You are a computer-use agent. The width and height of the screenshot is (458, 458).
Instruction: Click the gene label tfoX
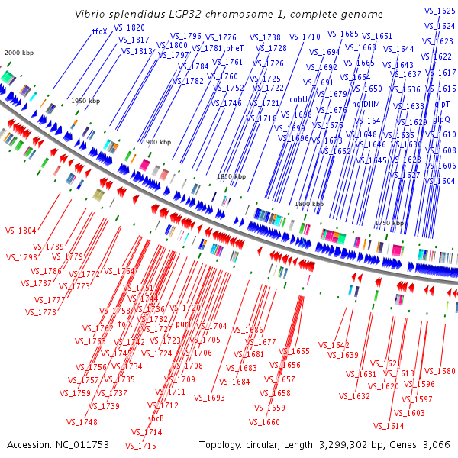pos(99,31)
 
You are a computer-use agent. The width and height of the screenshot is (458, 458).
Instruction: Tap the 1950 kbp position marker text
pos(85,101)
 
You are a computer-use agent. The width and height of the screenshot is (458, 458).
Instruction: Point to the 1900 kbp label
pos(157,143)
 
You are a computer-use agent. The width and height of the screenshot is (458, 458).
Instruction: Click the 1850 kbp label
pos(231,176)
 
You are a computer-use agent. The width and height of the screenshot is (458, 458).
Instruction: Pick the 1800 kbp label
pos(309,204)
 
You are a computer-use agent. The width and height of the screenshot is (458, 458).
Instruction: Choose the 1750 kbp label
pos(389,223)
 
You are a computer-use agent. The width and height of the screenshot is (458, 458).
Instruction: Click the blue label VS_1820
pos(129,27)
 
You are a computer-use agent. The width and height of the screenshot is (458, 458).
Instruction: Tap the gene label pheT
pos(235,48)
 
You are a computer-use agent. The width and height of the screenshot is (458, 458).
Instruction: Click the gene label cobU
pos(298,99)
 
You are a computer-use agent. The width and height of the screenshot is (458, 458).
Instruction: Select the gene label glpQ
pos(441,119)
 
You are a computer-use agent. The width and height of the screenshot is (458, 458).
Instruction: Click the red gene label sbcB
pos(156,418)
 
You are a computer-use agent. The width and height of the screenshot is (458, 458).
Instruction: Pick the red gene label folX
pos(125,323)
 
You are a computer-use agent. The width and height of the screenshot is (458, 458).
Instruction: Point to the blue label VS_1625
pos(440,10)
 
